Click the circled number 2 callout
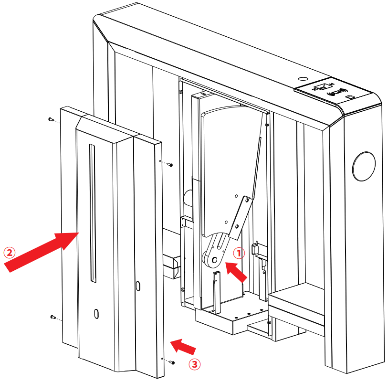(x=10, y=252)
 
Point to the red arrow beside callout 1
(x=236, y=270)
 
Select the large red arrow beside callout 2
(x=40, y=251)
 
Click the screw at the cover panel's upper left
(x=51, y=119)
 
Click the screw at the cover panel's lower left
(x=52, y=317)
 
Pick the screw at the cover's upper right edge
(x=170, y=165)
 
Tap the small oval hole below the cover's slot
(x=96, y=314)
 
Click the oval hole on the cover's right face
(x=138, y=286)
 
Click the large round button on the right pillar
(x=364, y=167)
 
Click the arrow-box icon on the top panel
(x=324, y=87)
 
